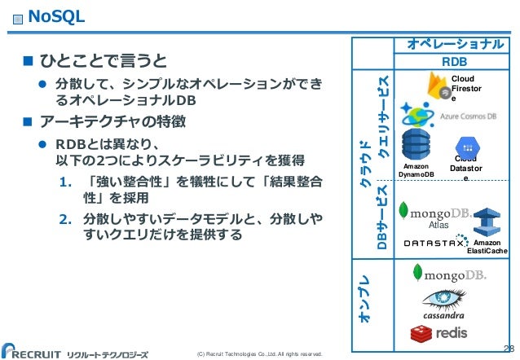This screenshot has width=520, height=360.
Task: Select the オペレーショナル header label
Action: [453, 43]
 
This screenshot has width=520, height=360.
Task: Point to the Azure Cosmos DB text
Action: [469, 116]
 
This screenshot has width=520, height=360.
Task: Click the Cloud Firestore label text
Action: [466, 86]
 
